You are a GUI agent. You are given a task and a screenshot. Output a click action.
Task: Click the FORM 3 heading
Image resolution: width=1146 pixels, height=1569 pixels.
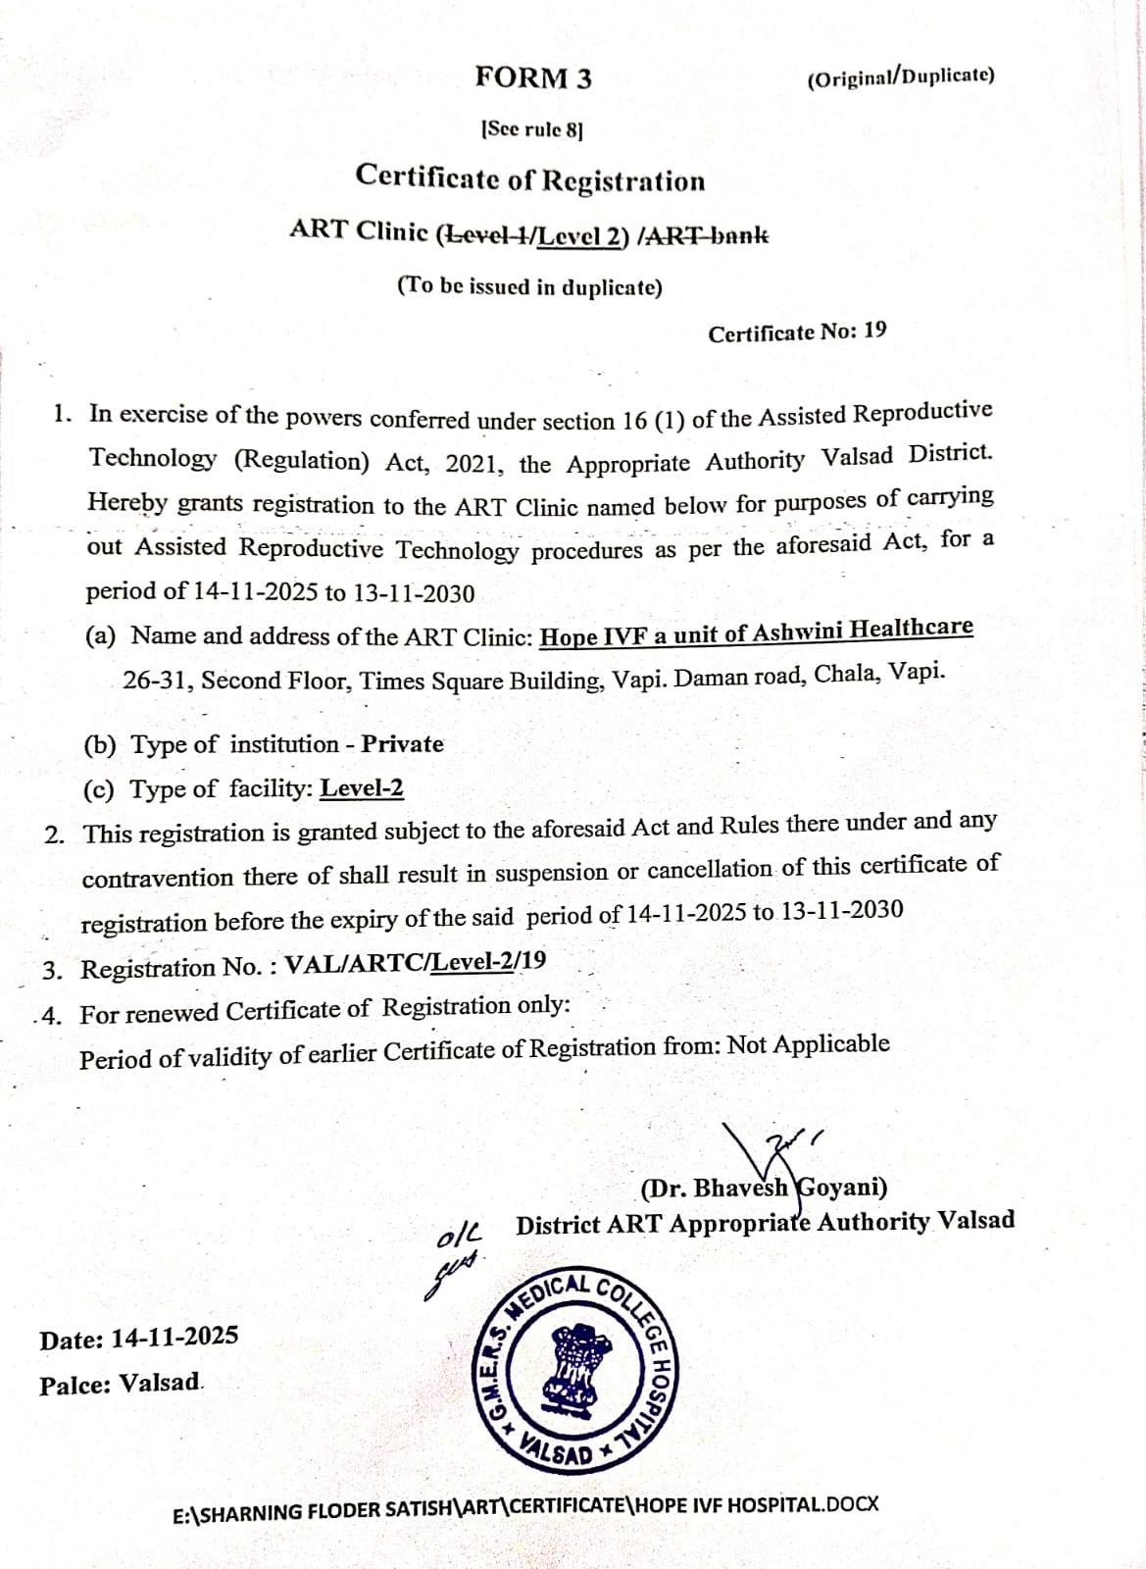(x=533, y=77)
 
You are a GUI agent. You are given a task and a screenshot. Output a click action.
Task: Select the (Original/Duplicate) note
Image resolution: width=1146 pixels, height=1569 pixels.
(x=900, y=77)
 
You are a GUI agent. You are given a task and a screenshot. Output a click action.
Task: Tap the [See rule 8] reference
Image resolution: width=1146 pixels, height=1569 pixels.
(x=531, y=129)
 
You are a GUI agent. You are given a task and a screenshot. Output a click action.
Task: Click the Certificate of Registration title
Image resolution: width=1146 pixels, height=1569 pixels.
(x=530, y=178)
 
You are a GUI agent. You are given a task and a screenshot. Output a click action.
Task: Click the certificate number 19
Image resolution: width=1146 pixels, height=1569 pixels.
(x=875, y=330)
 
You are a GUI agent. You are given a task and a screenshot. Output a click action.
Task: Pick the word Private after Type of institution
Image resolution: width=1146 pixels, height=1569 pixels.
(x=402, y=744)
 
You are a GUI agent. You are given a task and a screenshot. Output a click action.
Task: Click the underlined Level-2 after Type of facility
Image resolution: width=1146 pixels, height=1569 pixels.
(x=362, y=788)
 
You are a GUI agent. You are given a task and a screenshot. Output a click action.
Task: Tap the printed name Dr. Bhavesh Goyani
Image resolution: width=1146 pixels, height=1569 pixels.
(x=764, y=1189)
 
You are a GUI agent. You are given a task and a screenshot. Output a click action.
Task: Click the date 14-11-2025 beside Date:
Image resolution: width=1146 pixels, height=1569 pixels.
(x=174, y=1338)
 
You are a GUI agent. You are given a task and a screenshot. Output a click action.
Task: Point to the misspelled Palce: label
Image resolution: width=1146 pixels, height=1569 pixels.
(x=75, y=1386)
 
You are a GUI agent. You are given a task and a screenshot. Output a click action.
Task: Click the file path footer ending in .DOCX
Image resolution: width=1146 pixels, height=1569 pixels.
(x=525, y=1508)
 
